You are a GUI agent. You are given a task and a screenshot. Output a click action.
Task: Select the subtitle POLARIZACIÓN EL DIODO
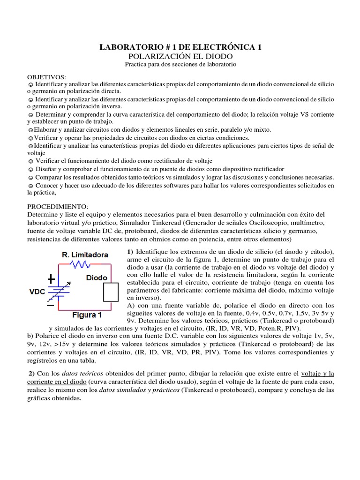(x=180, y=55)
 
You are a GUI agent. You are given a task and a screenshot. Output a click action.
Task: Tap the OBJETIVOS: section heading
(x=46, y=76)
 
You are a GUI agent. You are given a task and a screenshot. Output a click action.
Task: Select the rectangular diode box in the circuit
(x=110, y=292)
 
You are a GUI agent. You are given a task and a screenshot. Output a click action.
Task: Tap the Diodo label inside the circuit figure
(x=96, y=277)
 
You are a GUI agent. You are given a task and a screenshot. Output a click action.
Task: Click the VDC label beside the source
(x=37, y=291)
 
